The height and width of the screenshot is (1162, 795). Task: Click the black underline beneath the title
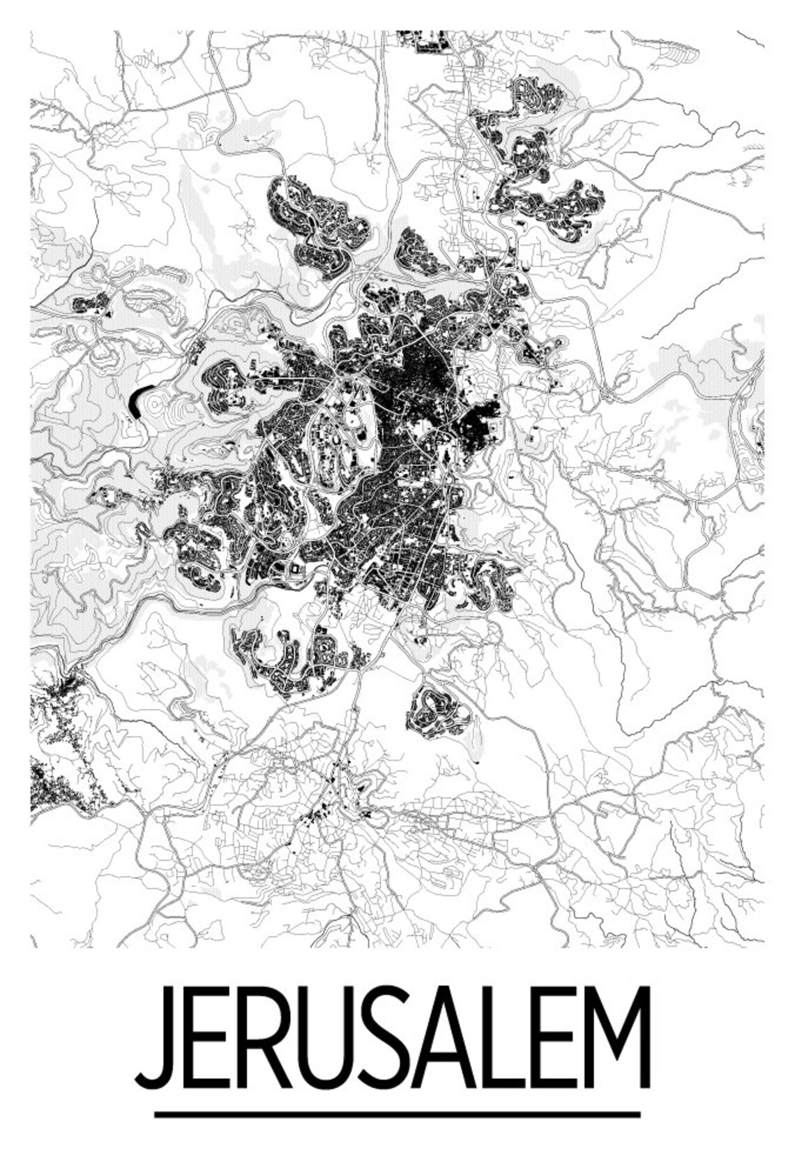tap(397, 1114)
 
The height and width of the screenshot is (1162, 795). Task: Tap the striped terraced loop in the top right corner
tap(673, 49)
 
